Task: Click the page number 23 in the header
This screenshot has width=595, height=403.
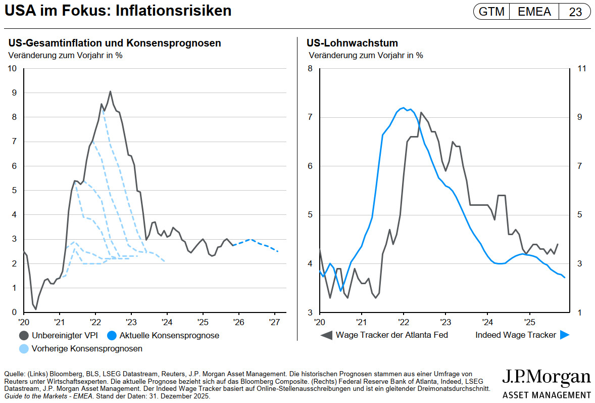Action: coord(575,12)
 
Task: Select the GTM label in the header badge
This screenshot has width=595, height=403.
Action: coord(491,12)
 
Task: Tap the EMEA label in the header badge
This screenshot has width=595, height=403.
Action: coord(534,12)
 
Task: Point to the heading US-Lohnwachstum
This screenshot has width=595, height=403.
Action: coord(352,43)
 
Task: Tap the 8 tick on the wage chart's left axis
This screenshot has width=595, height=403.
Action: coord(311,68)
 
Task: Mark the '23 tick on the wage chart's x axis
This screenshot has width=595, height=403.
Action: coord(445,322)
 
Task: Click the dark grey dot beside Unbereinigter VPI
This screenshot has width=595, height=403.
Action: coord(23,335)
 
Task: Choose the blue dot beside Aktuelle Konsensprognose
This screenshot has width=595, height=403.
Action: coord(112,335)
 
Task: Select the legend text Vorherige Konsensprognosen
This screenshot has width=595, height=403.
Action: coord(87,348)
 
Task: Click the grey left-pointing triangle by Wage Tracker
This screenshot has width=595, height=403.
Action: coord(326,335)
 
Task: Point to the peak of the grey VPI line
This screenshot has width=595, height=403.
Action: coord(110,92)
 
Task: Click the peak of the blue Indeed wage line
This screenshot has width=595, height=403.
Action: coord(403,108)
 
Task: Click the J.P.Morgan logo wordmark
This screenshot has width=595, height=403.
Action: coord(546,377)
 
